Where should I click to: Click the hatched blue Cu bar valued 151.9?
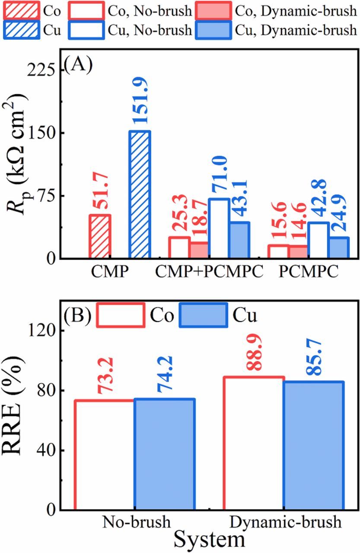pos(139,194)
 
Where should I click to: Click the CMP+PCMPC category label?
pos(209,273)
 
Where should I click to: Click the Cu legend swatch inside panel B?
pos(204,315)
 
